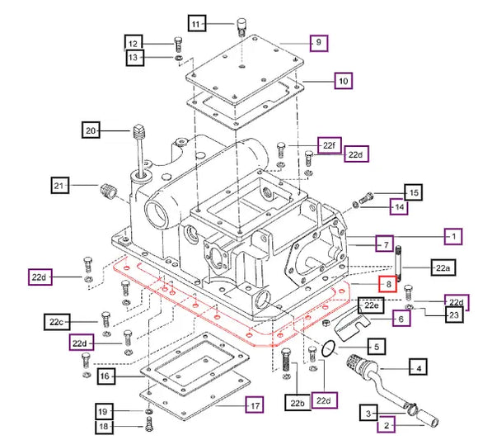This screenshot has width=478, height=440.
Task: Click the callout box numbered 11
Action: coord(197,23)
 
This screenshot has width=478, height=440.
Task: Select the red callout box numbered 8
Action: coord(388,284)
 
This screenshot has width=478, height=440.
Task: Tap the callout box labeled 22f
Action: coord(329,145)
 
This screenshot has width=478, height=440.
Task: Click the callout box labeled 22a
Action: coord(443,267)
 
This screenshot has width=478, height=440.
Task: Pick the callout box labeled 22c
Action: coord(57,321)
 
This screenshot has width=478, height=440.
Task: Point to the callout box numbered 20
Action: coord(91,130)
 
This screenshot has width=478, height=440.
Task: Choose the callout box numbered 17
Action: coord(255,405)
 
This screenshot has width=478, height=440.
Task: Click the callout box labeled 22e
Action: coord(371,305)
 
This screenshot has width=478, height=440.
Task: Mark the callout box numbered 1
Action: coord(453,236)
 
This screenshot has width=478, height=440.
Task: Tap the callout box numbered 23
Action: coord(454,315)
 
